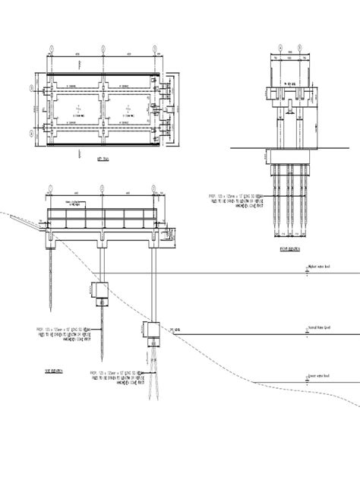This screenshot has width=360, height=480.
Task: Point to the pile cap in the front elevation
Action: click(x=289, y=155)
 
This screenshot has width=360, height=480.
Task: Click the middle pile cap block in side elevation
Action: click(x=100, y=290)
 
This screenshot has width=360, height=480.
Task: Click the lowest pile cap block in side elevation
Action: click(x=148, y=328)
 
